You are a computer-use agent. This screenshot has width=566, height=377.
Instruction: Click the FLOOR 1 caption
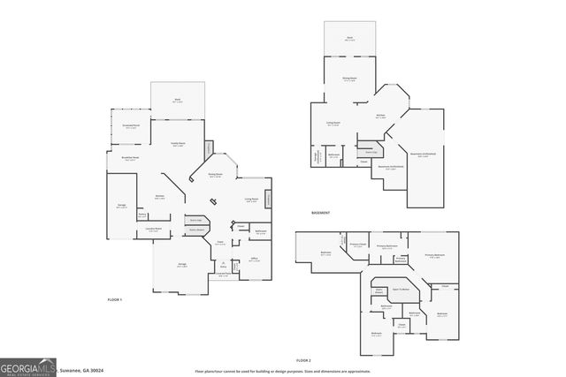[114, 300]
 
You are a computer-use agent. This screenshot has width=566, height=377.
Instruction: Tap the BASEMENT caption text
[321, 214]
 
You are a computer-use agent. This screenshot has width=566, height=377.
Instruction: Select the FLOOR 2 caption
[304, 360]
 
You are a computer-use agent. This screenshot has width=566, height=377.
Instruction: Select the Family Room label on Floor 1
[178, 145]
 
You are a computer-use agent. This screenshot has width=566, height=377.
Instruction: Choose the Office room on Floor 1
[253, 260]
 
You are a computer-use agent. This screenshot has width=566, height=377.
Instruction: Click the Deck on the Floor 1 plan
[178, 100]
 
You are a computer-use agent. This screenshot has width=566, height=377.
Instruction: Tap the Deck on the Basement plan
[349, 39]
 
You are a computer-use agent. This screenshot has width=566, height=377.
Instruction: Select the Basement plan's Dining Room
[349, 79]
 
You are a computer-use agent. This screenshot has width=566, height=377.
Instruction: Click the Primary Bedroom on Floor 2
[433, 256]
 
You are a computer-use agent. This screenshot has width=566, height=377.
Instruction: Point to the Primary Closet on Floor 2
[357, 245]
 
